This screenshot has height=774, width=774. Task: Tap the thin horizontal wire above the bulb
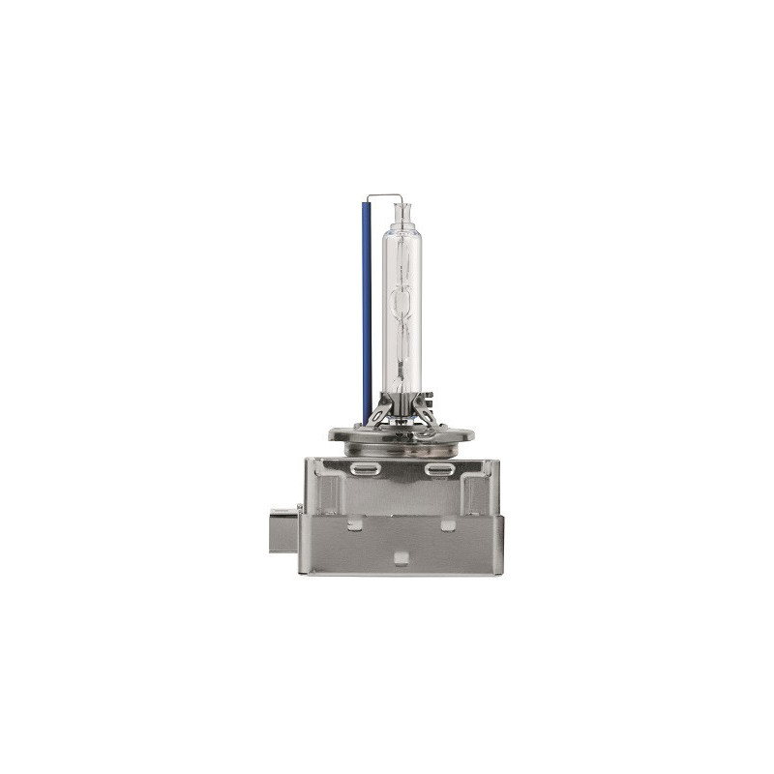tap(383, 193)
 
